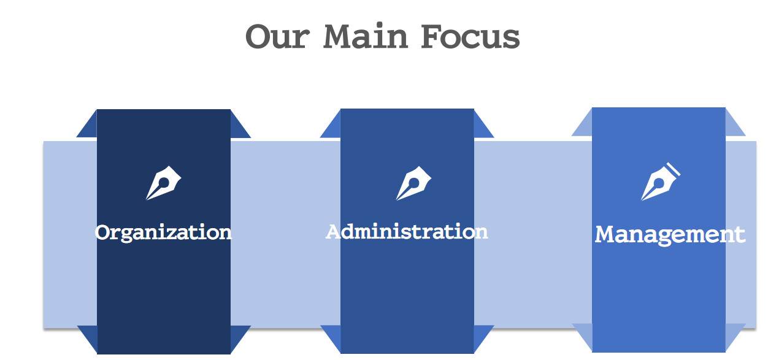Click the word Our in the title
coord(278,36)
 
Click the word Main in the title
coord(366,36)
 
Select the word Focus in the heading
coord(470,36)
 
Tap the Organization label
coord(163,233)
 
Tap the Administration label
coord(407,232)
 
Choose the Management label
coord(670,236)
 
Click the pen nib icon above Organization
coord(164,183)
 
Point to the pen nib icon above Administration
coord(413,183)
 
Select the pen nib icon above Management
coord(661,182)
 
